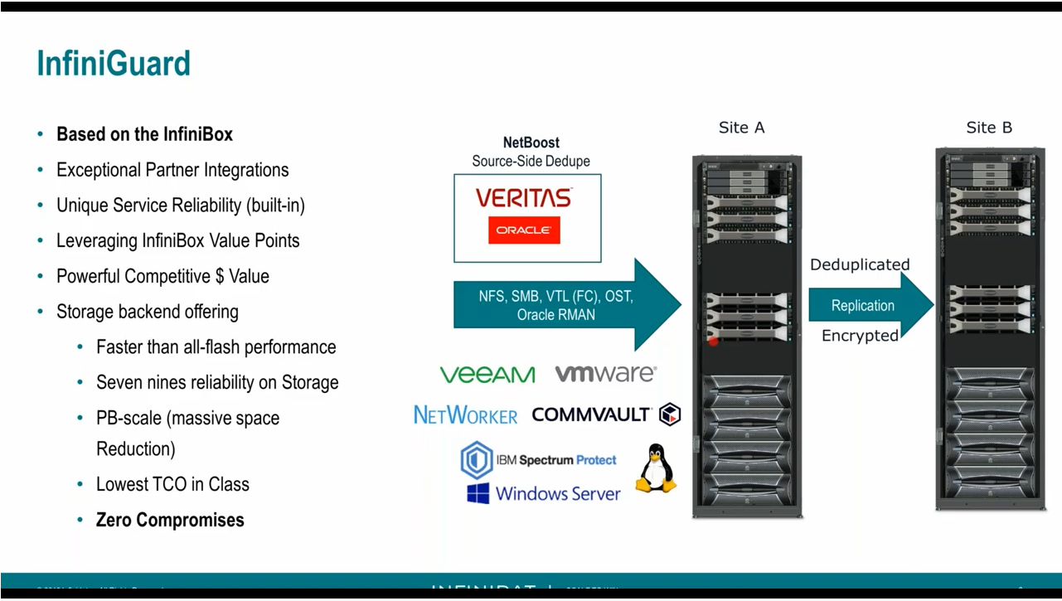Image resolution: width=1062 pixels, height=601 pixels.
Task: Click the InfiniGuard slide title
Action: click(114, 64)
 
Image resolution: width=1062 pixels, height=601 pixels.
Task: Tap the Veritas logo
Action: click(523, 197)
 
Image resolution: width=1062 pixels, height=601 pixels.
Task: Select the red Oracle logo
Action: click(524, 230)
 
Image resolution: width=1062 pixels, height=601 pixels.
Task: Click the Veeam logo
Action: click(487, 375)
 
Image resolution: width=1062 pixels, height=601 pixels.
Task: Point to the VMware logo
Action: click(605, 374)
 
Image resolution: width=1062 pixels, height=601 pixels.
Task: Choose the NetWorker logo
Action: click(465, 414)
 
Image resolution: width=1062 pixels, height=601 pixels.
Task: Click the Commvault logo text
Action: click(592, 414)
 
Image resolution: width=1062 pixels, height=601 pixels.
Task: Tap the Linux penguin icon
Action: click(657, 468)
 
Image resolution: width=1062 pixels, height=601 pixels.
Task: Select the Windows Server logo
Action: click(543, 494)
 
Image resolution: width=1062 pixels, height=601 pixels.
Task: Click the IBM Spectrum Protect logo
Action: click(539, 460)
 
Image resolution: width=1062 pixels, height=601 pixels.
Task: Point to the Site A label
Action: click(741, 128)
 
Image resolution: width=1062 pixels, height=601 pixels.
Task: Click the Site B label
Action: click(989, 128)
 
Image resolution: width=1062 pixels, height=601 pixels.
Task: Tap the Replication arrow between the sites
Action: click(866, 305)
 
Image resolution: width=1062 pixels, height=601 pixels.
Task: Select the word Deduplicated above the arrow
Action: click(860, 264)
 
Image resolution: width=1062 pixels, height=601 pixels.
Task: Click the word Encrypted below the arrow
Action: click(860, 336)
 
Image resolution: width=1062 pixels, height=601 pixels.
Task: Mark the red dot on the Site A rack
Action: click(713, 340)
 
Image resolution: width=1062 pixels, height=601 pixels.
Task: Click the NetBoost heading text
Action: click(531, 143)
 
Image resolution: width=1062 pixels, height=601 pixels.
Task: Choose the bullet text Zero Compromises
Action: click(170, 520)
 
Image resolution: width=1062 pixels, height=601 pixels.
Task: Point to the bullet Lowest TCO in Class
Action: click(172, 484)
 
